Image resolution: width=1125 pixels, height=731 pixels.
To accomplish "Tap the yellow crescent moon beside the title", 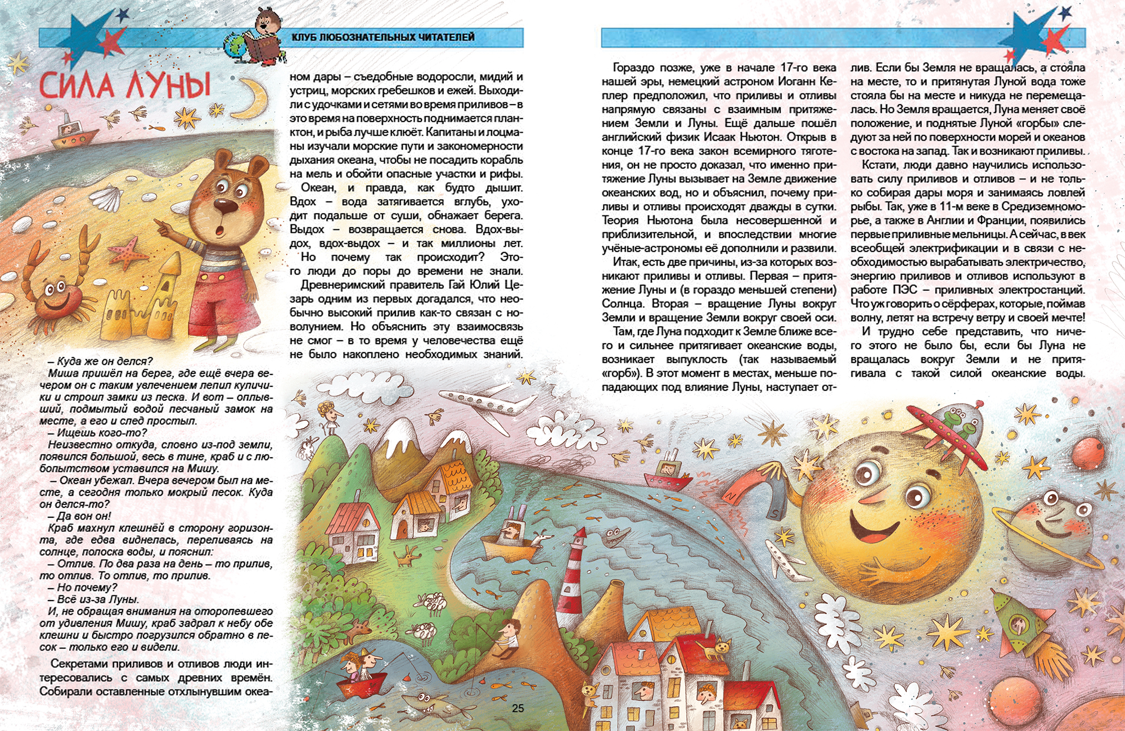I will (x=253, y=98).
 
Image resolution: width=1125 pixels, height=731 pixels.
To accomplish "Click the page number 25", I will (x=518, y=708).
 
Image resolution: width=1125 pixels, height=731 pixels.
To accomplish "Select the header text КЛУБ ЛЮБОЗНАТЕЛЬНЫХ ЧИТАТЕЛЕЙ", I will (x=383, y=37).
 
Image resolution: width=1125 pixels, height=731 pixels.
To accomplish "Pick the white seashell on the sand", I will (x=107, y=197).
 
